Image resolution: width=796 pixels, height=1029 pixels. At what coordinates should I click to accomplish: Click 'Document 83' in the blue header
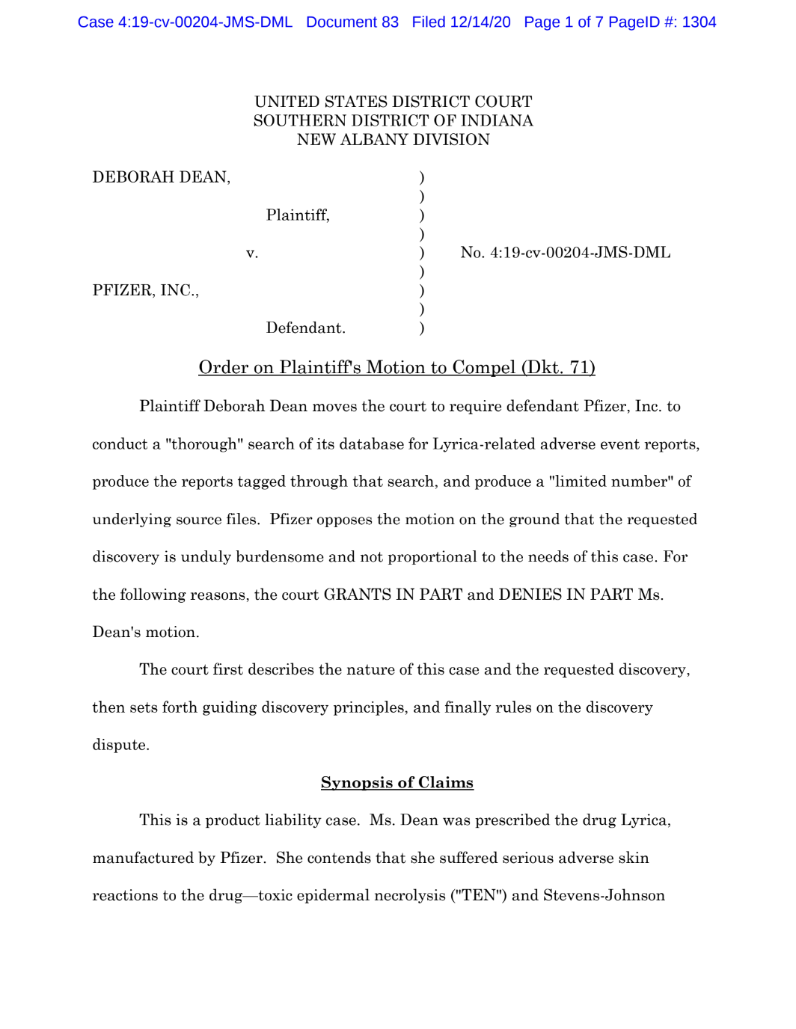352,22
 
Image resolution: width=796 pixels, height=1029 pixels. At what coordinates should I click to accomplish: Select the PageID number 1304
699,22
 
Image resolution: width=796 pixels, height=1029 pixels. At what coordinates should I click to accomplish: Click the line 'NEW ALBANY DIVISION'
393,140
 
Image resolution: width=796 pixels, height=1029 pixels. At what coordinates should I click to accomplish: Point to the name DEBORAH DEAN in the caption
161,177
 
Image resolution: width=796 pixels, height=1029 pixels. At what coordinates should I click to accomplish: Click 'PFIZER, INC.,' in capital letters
146,290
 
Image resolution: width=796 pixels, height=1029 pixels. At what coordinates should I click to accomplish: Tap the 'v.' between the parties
252,253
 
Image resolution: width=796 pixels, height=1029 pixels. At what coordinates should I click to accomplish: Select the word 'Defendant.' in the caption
305,328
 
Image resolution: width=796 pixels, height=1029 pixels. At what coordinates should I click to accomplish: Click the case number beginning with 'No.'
566,253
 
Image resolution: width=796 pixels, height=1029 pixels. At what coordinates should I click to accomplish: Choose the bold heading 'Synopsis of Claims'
397,782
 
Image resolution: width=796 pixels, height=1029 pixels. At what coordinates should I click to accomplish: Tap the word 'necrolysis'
406,895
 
